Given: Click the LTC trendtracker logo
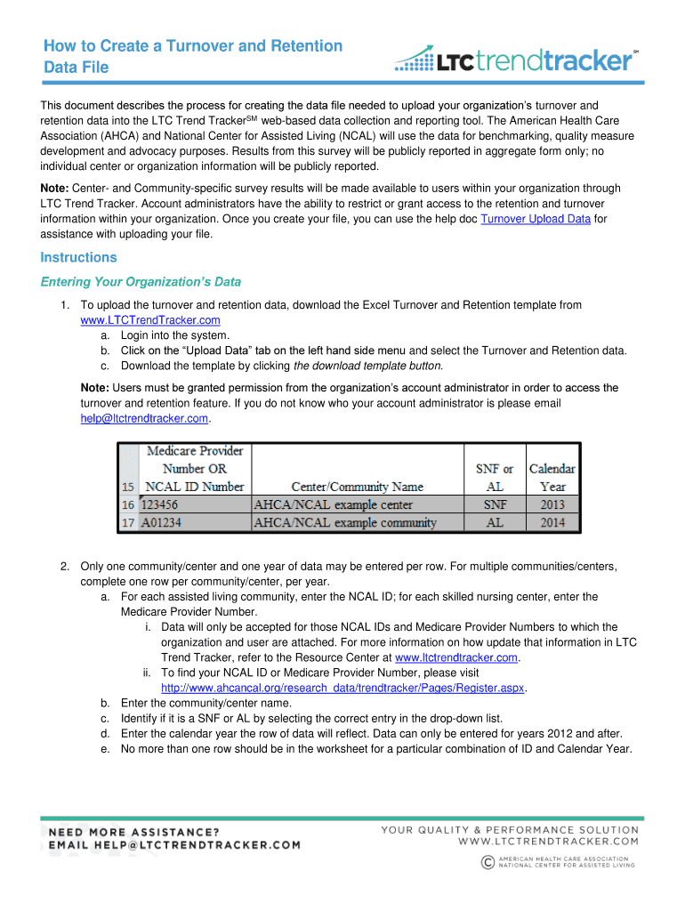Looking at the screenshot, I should (x=516, y=60).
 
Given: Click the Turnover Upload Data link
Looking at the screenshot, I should (x=535, y=219).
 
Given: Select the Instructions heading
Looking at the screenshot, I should (x=78, y=257).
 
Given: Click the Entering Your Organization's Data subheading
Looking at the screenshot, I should (x=141, y=282).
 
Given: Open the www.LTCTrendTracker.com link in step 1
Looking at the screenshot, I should (x=150, y=320).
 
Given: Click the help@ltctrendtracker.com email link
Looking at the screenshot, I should (x=144, y=418).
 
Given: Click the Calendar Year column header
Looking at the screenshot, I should (x=552, y=477).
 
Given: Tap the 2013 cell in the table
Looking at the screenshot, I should (x=552, y=504).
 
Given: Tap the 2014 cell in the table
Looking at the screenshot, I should (x=552, y=522).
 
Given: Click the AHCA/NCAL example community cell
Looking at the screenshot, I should (x=346, y=522).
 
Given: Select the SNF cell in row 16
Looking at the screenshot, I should (x=495, y=504).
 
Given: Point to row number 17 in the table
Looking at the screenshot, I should (x=129, y=522).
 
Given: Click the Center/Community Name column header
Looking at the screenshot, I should (x=357, y=487).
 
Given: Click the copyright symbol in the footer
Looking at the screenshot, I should (x=487, y=860).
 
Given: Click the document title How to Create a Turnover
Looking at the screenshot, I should (x=193, y=45).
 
